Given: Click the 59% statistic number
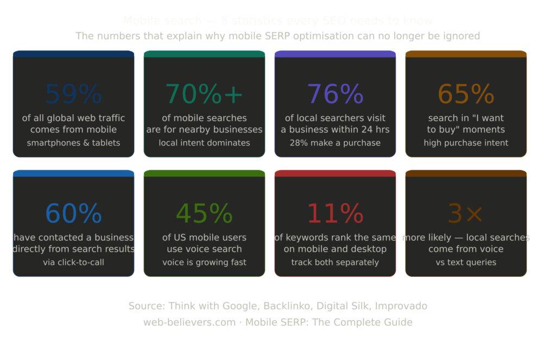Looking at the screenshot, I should coord(73,94).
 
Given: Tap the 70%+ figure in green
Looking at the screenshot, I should coord(204,94).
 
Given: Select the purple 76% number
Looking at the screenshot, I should coord(335,94).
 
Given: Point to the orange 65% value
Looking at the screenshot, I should coord(466,94).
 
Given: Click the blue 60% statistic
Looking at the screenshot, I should coord(73,213).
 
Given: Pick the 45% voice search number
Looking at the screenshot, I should coord(204,213).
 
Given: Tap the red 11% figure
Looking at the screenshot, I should coord(335,213).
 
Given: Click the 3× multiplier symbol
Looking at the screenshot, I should coord(466,213).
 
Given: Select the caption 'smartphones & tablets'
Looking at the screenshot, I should coord(73,143).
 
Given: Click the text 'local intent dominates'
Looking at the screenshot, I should coord(204,143).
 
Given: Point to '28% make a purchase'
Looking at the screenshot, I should coord(335,143).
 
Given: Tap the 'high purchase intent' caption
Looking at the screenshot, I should coord(466,143).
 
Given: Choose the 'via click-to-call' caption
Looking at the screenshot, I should coord(73,262).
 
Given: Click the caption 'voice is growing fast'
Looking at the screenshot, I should coord(204,262).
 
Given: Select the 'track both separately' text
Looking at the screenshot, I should coord(335,262).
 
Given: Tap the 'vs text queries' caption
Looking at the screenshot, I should coord(466,262).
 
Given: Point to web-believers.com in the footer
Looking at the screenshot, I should coord(189,322).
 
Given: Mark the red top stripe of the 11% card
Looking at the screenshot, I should coord(335,173).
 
